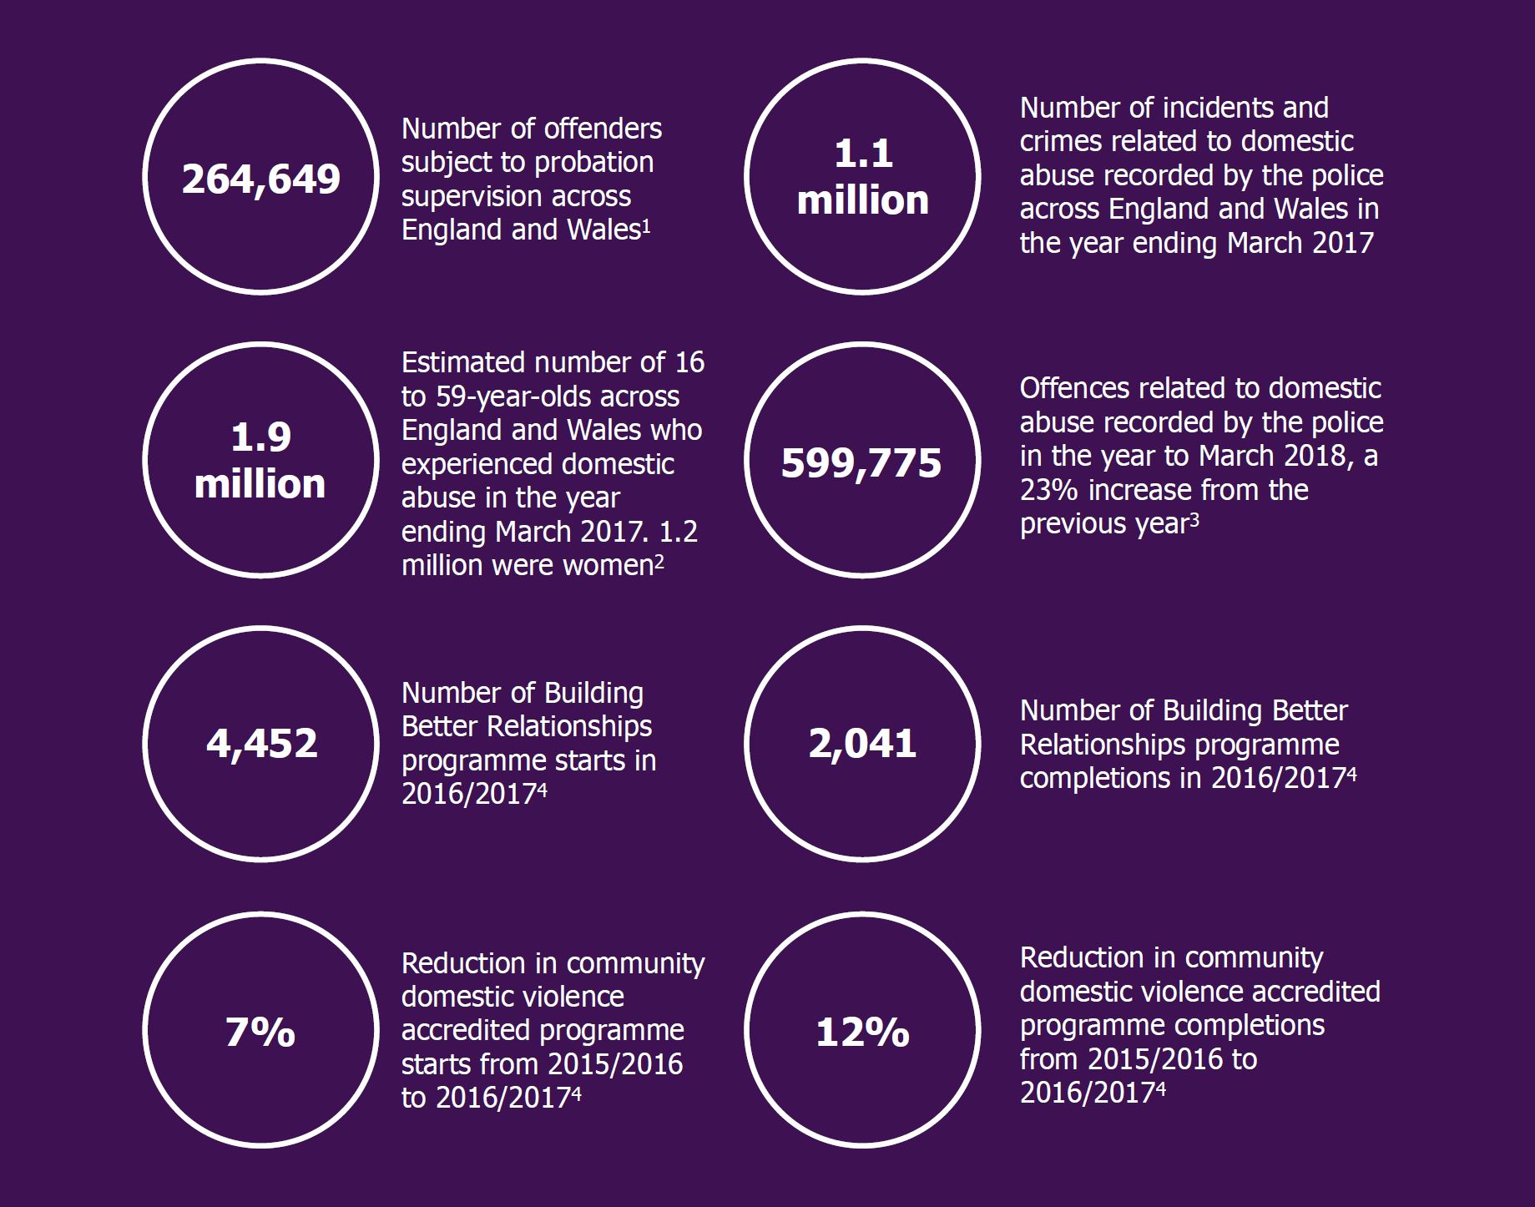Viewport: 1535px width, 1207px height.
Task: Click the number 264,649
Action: click(261, 179)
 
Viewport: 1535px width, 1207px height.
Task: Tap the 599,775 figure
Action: click(861, 462)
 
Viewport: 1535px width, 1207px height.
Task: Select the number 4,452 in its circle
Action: click(262, 743)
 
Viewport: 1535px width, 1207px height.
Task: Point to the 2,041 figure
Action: click(862, 743)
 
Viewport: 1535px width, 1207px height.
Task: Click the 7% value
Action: click(260, 1032)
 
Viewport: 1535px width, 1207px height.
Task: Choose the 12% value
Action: click(862, 1032)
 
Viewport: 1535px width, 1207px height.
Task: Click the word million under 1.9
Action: click(260, 484)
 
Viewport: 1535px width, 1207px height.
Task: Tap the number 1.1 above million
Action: click(863, 154)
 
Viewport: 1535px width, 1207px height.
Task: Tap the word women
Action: click(608, 566)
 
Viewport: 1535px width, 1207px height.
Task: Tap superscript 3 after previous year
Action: click(1194, 519)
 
